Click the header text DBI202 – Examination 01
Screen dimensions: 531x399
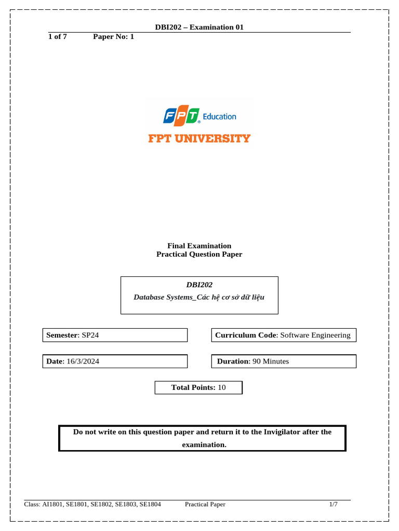(199, 27)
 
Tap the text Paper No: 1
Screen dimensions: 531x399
(113, 37)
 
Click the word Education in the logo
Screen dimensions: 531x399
(219, 117)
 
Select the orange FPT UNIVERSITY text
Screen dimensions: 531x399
(199, 138)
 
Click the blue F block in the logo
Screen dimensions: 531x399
(169, 117)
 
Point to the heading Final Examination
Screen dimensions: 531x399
(199, 246)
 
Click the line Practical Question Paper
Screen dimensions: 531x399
(199, 254)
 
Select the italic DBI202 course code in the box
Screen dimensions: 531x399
(199, 285)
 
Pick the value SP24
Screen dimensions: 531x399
(90, 335)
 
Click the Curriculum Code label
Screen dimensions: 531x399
(246, 335)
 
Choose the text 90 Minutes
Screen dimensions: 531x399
(271, 361)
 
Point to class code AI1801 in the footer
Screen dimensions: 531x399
(52, 504)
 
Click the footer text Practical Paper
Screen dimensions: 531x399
(205, 504)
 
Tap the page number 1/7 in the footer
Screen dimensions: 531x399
(333, 504)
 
